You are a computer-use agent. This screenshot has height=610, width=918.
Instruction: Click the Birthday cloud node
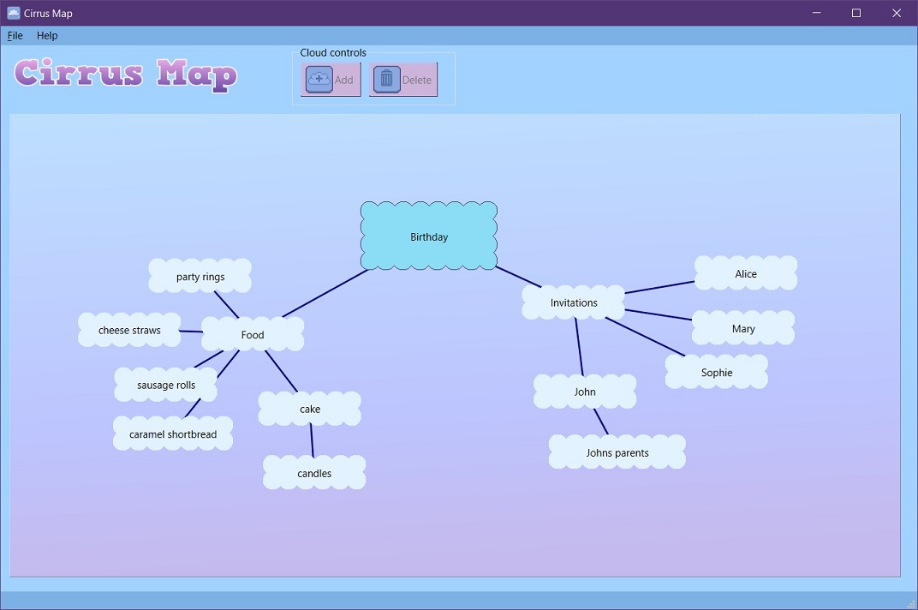[428, 236]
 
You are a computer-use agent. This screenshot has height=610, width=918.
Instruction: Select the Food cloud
[253, 334]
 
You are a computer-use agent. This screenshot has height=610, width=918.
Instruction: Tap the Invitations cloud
[574, 302]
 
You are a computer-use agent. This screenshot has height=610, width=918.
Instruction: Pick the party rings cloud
[200, 277]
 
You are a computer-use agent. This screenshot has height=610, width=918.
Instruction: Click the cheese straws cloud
[129, 330]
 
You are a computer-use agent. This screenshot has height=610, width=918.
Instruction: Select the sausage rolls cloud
[166, 385]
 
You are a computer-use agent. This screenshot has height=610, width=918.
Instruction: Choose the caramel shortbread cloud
[173, 434]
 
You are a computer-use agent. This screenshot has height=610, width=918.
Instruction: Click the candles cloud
[314, 473]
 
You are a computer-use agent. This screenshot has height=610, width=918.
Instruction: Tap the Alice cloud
[746, 273]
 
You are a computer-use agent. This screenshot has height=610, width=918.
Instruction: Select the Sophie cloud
[717, 373]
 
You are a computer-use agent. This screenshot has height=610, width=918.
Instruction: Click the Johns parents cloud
[617, 452]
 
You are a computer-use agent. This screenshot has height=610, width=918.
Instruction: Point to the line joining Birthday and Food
[325, 294]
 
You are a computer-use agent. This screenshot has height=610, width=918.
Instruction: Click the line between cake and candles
[312, 440]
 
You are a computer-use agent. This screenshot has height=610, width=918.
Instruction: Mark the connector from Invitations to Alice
[659, 287]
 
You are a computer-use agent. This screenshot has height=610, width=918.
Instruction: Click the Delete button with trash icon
[403, 80]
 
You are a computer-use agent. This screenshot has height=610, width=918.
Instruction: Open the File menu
[15, 35]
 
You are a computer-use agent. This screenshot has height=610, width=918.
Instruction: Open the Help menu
[47, 35]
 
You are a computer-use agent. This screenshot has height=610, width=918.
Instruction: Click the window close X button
[897, 13]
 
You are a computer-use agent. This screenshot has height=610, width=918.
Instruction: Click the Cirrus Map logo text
[126, 74]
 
